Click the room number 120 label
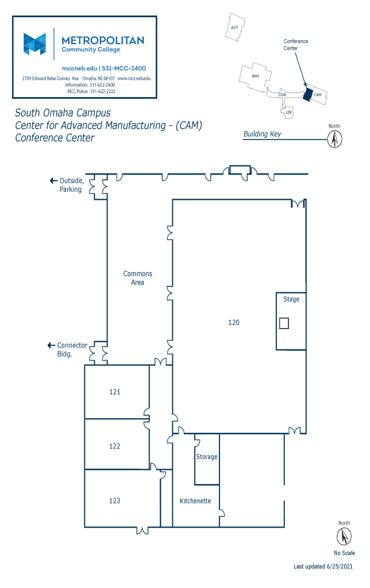(x=233, y=323)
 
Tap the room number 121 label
(x=115, y=392)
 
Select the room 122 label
(x=115, y=446)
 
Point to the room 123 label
(x=115, y=501)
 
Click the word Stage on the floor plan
(x=291, y=299)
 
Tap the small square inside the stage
(x=284, y=323)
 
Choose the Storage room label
(x=207, y=457)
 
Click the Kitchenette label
(x=195, y=501)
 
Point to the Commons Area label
(x=138, y=278)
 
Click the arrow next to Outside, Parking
(x=53, y=181)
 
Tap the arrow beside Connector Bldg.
(x=51, y=345)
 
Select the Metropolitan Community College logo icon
(x=34, y=44)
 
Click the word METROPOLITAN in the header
(x=103, y=41)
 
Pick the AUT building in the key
(x=236, y=27)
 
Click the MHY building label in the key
(x=256, y=76)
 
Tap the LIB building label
(x=288, y=113)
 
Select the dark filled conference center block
(x=308, y=95)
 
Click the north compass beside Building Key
(x=334, y=140)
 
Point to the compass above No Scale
(x=344, y=536)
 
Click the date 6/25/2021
(x=340, y=566)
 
